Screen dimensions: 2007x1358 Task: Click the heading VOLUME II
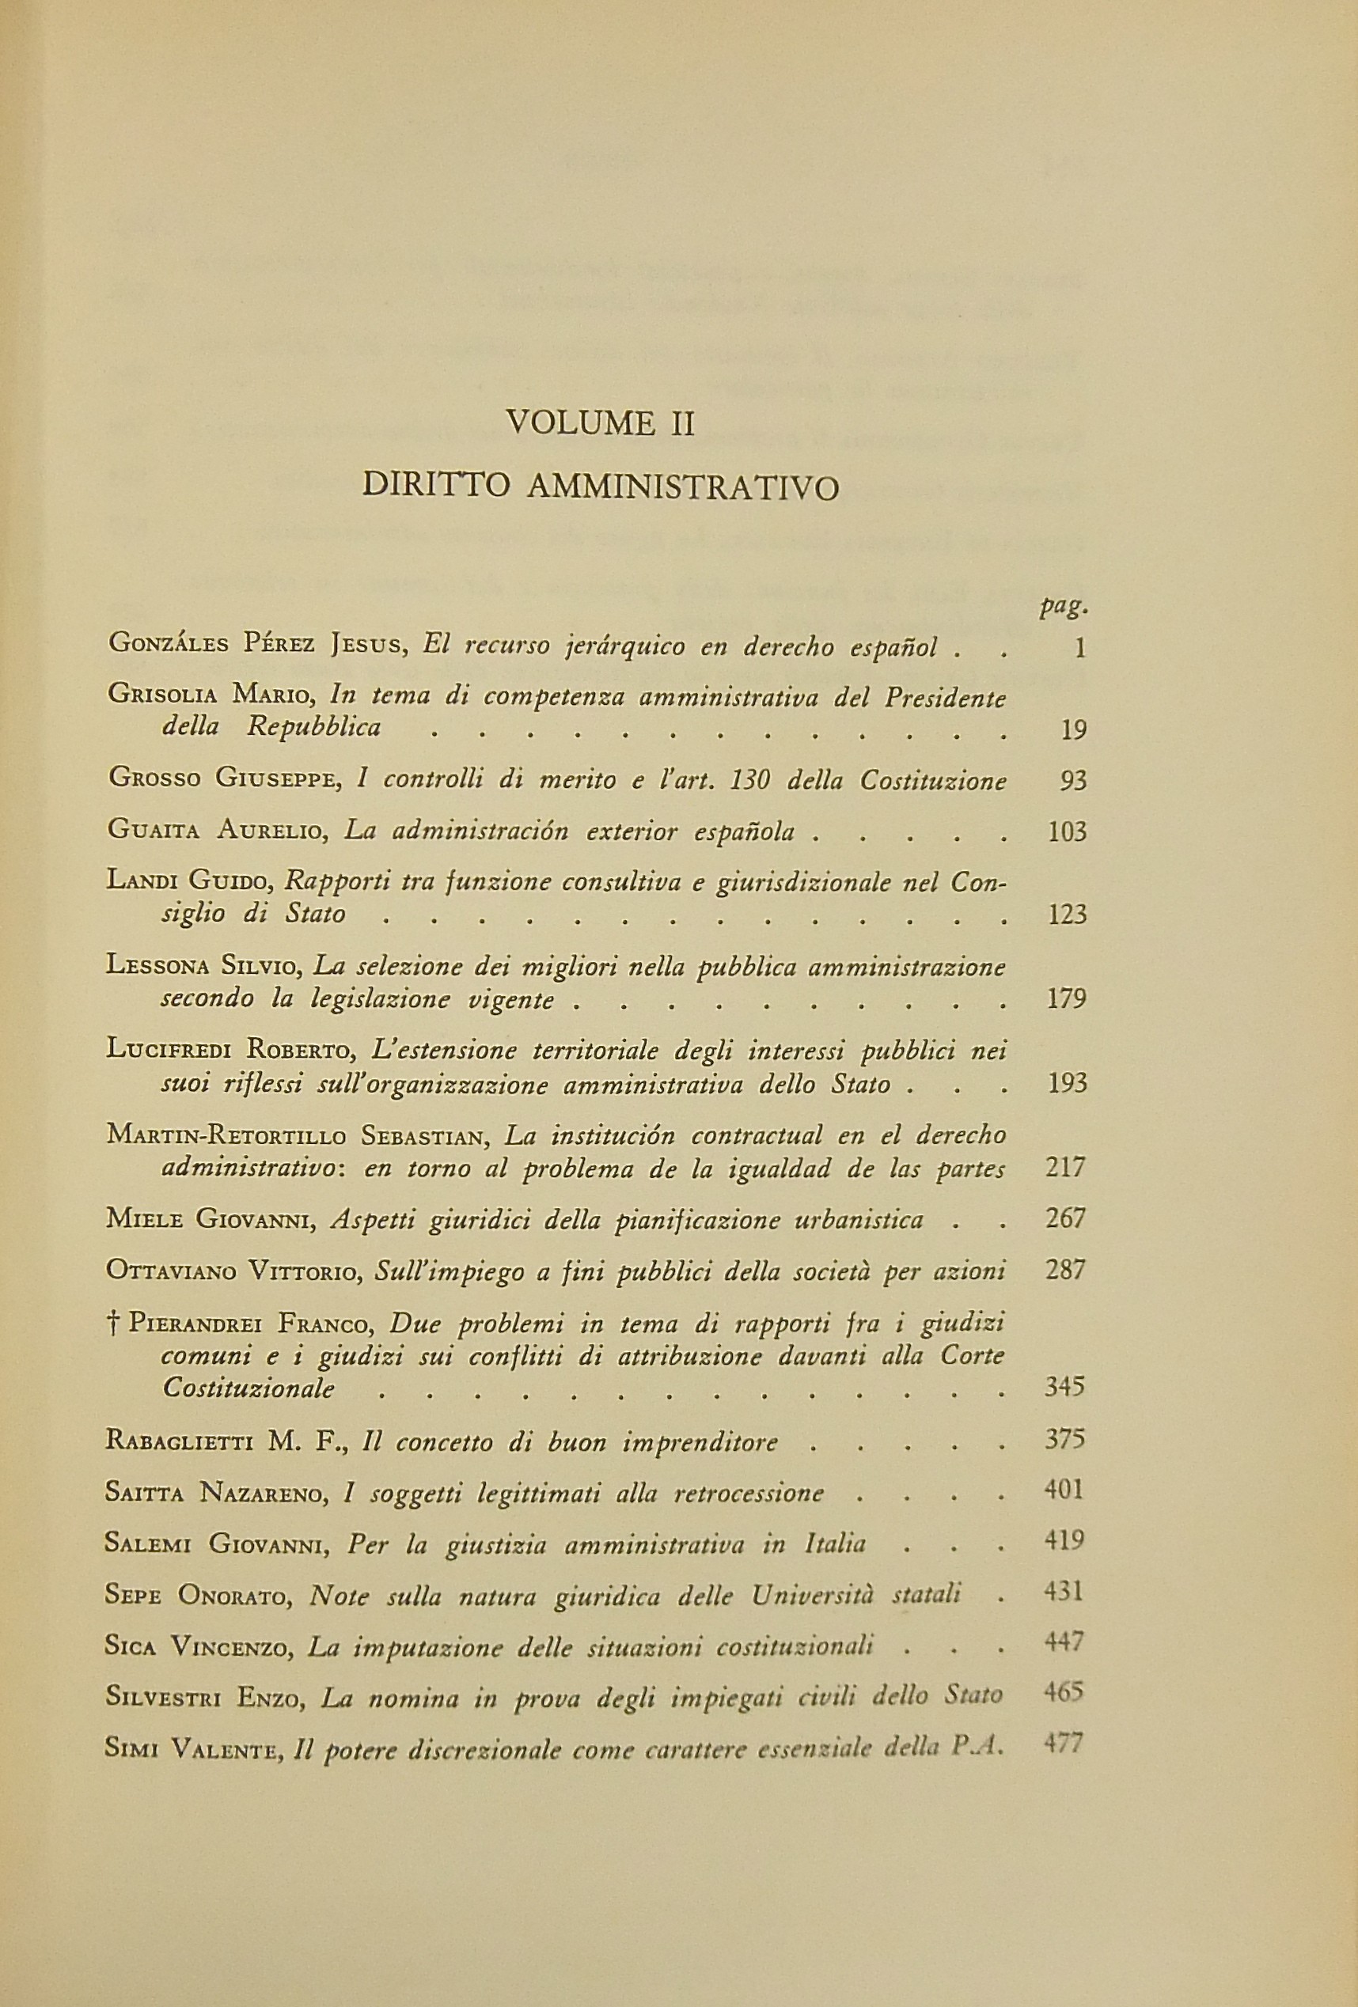(601, 424)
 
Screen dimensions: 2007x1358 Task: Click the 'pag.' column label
(1064, 608)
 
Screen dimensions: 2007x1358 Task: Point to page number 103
(1066, 831)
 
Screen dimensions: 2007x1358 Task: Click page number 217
(1066, 1168)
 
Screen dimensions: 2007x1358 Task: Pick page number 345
(1065, 1387)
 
